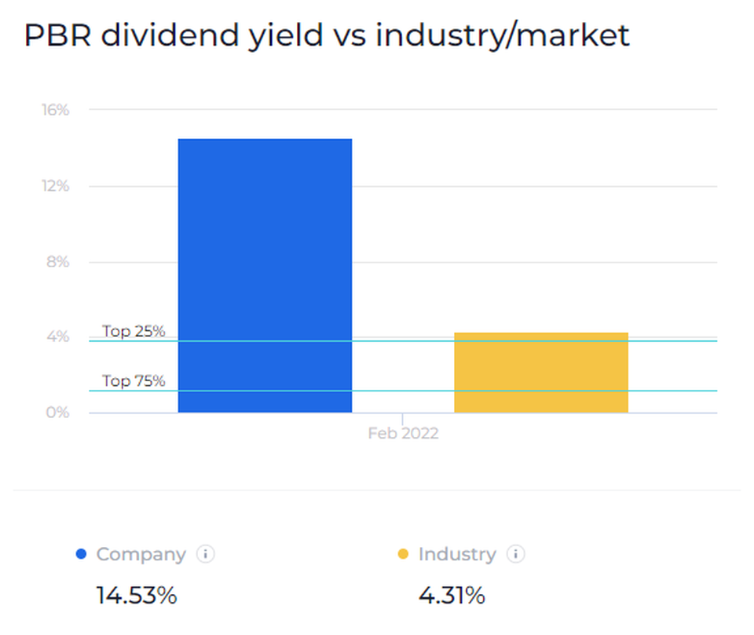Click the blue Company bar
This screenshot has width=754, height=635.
(x=265, y=275)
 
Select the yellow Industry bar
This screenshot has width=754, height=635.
(x=541, y=373)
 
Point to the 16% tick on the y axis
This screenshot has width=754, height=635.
(x=56, y=110)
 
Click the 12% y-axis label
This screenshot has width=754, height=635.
(x=56, y=186)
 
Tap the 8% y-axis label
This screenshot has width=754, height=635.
(x=58, y=262)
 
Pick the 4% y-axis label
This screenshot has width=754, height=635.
(x=58, y=337)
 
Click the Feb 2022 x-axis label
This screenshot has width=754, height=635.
(x=403, y=434)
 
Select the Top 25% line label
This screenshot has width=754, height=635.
(x=134, y=332)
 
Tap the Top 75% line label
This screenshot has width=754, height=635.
(x=134, y=381)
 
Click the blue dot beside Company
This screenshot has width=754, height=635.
(x=81, y=554)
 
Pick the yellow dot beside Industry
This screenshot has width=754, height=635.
(x=404, y=554)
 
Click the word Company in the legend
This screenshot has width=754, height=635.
(x=141, y=554)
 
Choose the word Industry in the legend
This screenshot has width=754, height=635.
(x=457, y=554)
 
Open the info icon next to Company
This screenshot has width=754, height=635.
(x=205, y=554)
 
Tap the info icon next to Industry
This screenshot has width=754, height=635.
(x=515, y=554)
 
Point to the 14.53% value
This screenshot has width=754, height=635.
(x=137, y=596)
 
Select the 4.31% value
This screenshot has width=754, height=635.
(x=452, y=596)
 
